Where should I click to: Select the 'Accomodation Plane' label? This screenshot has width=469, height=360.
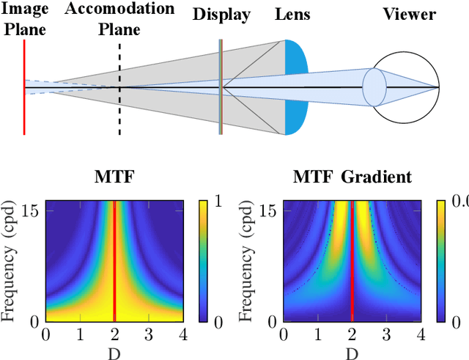click(119, 19)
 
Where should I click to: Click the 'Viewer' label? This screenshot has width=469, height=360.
click(409, 15)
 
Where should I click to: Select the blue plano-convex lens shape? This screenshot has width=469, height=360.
click(296, 87)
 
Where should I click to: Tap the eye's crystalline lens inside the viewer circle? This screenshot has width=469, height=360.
click(374, 87)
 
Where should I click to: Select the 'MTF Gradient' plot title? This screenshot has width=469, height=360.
click(352, 177)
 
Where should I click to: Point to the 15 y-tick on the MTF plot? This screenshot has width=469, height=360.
click(34, 210)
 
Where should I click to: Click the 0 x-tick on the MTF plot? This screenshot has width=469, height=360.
click(45, 334)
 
